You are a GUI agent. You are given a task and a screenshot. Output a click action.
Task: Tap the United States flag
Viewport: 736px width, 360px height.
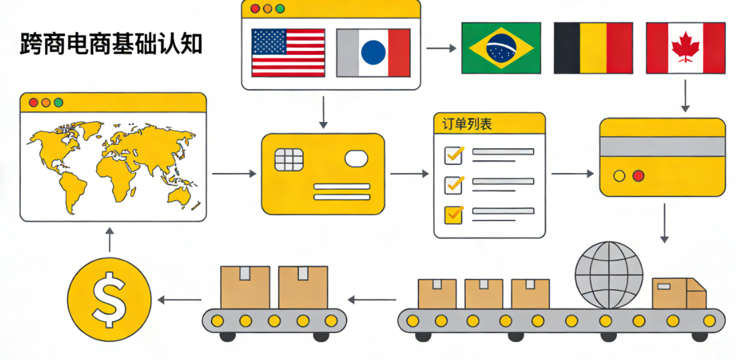click(x=288, y=52)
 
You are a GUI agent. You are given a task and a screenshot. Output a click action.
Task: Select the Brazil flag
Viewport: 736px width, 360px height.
click(x=501, y=48)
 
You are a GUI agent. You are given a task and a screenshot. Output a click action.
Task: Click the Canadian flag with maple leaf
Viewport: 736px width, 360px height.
click(x=685, y=48)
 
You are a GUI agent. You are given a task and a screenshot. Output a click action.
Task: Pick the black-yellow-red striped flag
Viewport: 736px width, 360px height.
click(x=593, y=48)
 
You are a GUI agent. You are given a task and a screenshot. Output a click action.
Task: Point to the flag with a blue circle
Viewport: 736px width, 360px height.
click(x=373, y=52)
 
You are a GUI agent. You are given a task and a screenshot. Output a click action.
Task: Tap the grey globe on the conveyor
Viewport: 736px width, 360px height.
click(x=609, y=275)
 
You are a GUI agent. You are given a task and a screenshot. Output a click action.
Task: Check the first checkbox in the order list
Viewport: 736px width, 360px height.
click(x=454, y=155)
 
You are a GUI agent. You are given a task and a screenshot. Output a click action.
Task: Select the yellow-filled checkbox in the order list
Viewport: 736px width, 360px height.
click(x=454, y=214)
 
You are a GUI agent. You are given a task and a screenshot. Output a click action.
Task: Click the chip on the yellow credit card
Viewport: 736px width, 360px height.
click(x=288, y=160)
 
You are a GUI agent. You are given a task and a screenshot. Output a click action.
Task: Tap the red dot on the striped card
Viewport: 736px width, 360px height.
click(x=638, y=176)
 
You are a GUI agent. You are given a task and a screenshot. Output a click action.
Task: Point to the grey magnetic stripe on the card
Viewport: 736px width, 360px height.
click(x=662, y=147)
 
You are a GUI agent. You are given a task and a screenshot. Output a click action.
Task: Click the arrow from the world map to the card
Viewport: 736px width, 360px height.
click(x=233, y=174)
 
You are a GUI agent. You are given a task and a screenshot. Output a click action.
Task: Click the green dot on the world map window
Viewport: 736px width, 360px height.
click(x=58, y=103)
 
